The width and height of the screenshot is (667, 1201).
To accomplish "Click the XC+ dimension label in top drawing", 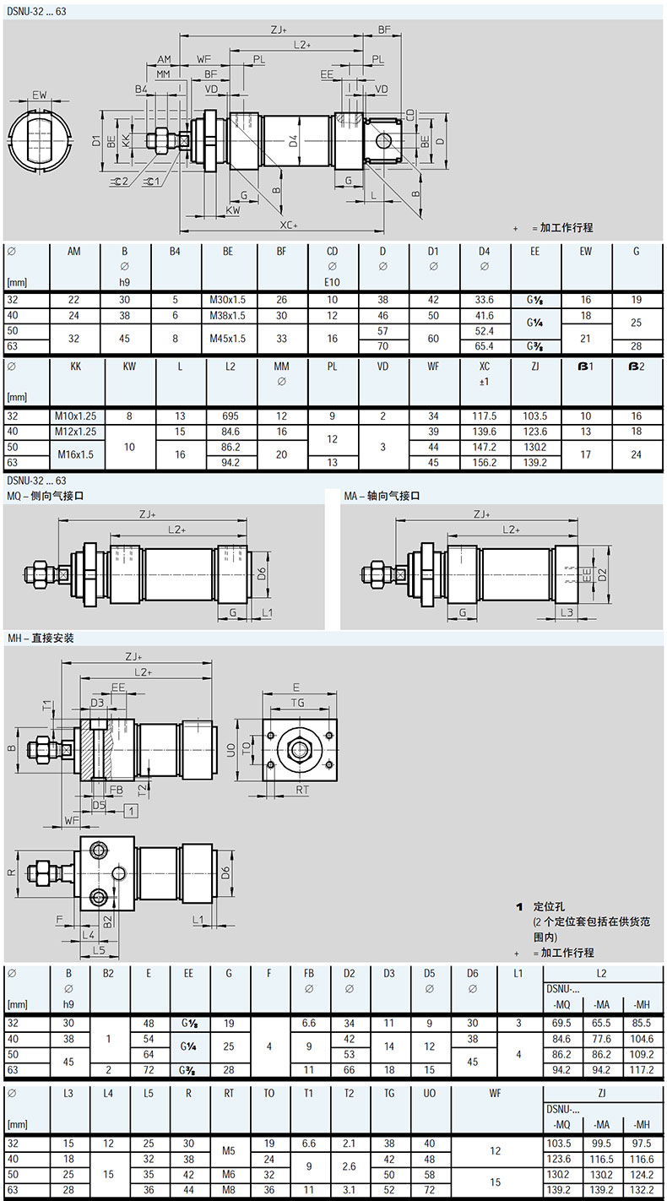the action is (x=289, y=225).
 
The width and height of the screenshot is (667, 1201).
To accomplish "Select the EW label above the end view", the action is (x=40, y=95).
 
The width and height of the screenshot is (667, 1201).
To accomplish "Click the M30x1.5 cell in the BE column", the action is (x=227, y=300).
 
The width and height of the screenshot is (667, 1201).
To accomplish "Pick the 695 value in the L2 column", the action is (x=230, y=416).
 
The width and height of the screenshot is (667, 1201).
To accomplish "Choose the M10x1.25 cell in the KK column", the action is (x=75, y=416).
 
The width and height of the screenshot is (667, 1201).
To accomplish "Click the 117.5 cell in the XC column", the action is (x=484, y=416).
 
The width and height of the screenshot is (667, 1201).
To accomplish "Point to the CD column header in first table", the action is (x=332, y=251).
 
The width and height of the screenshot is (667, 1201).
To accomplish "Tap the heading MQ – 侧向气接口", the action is (x=46, y=496).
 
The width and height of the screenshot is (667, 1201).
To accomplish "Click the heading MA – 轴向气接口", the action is (x=382, y=496).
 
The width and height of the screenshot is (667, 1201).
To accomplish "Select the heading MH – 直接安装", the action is (x=41, y=638).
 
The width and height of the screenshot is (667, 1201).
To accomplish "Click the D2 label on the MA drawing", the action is (x=603, y=575).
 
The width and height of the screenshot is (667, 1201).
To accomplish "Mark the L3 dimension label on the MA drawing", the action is (x=567, y=612).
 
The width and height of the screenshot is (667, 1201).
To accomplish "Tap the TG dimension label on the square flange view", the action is (x=297, y=703).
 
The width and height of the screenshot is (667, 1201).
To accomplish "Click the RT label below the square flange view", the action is (x=302, y=790).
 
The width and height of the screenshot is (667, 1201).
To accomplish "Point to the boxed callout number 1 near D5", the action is (x=132, y=811).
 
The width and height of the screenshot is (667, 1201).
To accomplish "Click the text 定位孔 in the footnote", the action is (x=549, y=906).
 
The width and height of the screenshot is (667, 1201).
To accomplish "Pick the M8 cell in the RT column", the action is (x=229, y=1190).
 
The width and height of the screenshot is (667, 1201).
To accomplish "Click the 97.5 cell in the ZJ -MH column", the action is (x=642, y=1144).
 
